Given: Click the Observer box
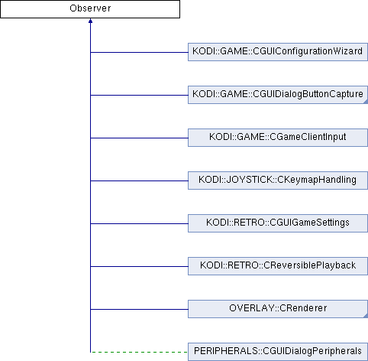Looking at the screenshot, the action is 90,9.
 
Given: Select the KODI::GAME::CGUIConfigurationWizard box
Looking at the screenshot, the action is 278,52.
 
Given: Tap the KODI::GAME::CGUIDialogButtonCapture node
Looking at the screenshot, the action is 278,95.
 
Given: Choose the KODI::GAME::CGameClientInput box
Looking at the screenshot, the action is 278,138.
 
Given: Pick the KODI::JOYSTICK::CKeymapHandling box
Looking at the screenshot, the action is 278,180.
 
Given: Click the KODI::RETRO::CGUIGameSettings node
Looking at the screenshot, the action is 278,223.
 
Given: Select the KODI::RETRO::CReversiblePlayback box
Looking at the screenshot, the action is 278,266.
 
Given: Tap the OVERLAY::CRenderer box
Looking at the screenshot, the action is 278,309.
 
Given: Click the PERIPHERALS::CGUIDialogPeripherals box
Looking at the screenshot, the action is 278,352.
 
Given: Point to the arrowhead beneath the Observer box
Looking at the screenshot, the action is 90,21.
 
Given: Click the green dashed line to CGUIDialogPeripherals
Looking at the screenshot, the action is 139,352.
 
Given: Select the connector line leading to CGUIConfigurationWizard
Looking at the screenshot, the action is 139,52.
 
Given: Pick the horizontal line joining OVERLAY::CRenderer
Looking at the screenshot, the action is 139,309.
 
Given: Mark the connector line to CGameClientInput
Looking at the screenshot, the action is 139,138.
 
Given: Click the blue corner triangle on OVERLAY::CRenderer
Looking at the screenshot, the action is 366,316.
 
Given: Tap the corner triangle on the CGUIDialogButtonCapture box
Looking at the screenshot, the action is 366,102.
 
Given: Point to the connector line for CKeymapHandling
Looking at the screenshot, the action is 139,180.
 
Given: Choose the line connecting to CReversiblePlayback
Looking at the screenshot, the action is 139,266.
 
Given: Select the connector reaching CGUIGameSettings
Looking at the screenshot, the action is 139,223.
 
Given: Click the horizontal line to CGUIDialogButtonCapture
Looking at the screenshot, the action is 139,95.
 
